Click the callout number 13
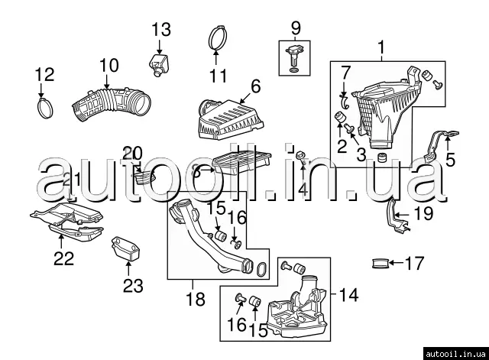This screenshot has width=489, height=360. [161, 30]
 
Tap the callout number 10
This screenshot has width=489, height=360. [108, 66]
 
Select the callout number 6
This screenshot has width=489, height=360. [255, 86]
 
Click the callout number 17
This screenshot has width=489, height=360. [413, 265]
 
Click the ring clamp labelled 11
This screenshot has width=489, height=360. [218, 37]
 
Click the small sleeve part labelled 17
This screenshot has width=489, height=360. [380, 265]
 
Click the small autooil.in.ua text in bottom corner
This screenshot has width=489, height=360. [455, 353]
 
